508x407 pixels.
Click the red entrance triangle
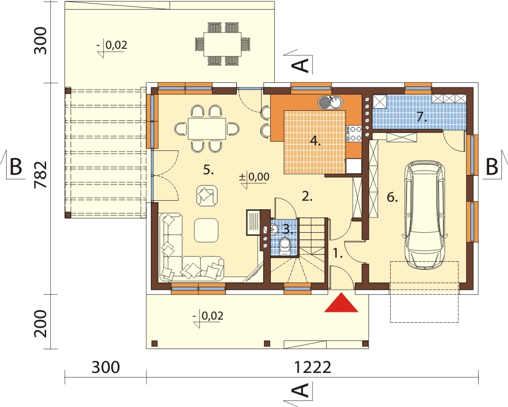tap(341, 303)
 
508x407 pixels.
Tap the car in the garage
tap(425, 214)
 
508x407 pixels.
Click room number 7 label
tap(421, 117)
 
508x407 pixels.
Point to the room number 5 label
tap(208, 170)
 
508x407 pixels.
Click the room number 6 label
tap(392, 197)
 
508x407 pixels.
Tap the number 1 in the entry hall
tap(338, 253)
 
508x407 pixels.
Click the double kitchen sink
tap(329, 103)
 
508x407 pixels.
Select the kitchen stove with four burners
tap(354, 133)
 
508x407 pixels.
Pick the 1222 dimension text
tap(312, 368)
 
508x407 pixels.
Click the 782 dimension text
tap(41, 175)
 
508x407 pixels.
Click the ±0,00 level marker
tap(254, 177)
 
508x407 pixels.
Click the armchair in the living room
tap(207, 196)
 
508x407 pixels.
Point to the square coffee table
tap(206, 230)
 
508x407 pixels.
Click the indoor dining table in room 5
tap(207, 129)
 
